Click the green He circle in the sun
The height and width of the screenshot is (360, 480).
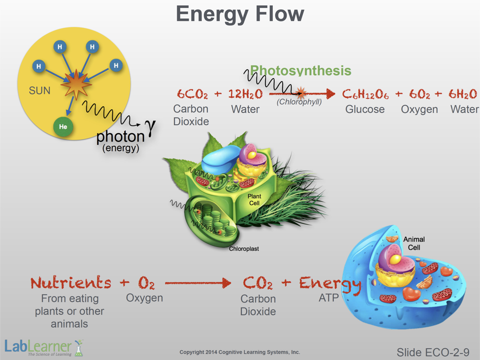point(63,127)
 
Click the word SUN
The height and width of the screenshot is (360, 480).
point(39,90)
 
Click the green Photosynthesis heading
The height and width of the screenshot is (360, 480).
point(300,70)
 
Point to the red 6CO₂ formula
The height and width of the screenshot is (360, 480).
point(192,94)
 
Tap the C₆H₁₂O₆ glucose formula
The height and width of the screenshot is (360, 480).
point(365,94)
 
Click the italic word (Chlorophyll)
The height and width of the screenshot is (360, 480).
point(299,102)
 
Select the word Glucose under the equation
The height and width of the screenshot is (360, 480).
point(365,109)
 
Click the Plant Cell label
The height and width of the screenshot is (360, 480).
point(255,200)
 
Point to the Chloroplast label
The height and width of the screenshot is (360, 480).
point(244,249)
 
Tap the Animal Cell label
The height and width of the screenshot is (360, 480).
point(414,243)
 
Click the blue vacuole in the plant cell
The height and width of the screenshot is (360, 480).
point(220,159)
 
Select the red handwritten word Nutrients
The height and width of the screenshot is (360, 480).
point(71,283)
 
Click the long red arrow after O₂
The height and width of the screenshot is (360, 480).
point(198,283)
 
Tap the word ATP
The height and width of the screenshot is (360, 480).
point(329,298)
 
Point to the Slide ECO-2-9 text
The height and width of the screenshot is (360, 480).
point(433,352)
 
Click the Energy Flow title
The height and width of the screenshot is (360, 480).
point(240,14)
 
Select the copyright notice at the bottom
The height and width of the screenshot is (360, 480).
point(240,352)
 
